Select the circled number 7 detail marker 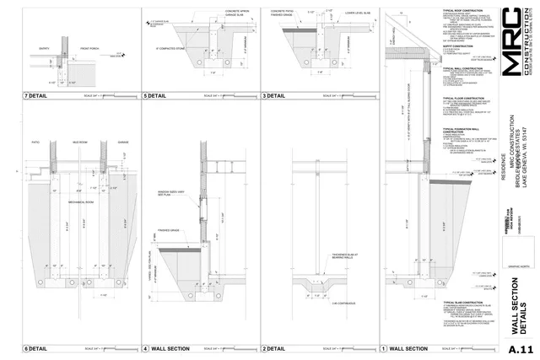pyautogui.click(x=26, y=120)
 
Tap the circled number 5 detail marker pyautogui.click(x=145, y=120)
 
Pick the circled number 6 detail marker pyautogui.click(x=26, y=348)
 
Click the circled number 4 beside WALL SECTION pyautogui.click(x=145, y=348)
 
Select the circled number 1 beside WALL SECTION pyautogui.click(x=384, y=348)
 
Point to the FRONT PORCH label pyautogui.click(x=90, y=48)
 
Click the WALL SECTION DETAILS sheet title pyautogui.click(x=518, y=304)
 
